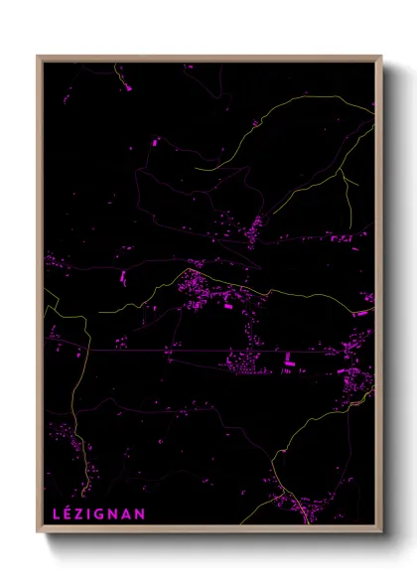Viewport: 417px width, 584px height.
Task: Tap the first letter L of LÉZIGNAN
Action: pos(55,513)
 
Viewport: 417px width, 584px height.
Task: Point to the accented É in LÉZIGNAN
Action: pos(67,512)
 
